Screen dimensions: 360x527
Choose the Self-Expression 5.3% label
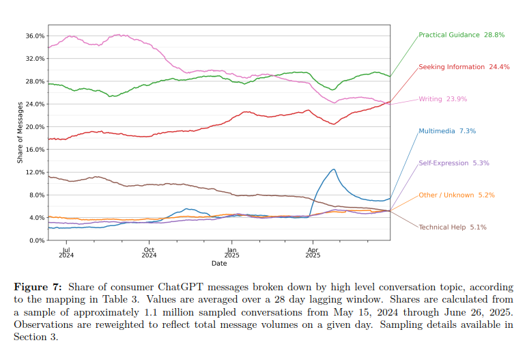click(x=453, y=163)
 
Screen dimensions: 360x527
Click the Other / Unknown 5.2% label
click(x=456, y=195)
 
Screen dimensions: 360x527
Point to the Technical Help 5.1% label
click(x=452, y=227)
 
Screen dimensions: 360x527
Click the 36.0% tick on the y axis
click(x=35, y=36)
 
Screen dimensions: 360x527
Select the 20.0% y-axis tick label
click(x=35, y=127)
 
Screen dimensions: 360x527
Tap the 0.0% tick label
click(x=38, y=240)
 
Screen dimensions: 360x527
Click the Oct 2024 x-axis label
click(x=149, y=253)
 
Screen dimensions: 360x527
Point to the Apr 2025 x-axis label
click(x=313, y=253)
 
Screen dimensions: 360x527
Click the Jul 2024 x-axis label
click(x=67, y=253)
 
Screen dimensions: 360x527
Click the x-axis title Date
click(x=219, y=263)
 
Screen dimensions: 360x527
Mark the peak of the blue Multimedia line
click(x=333, y=169)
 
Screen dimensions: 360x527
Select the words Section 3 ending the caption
click(x=34, y=337)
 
